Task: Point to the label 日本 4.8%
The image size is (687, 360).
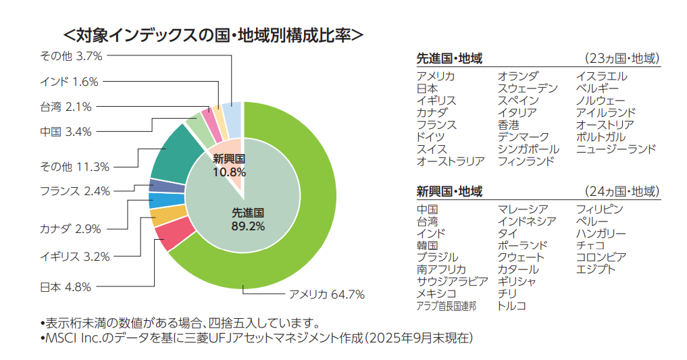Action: [66, 286]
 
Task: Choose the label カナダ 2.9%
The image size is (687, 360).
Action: [70, 228]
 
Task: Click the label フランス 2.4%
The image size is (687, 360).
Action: [74, 191]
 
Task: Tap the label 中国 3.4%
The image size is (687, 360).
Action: [66, 131]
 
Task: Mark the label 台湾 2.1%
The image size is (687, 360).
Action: [66, 106]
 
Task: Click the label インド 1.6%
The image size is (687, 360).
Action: [69, 82]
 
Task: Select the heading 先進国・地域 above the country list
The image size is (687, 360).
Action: [449, 59]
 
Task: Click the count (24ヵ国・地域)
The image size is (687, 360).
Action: [621, 192]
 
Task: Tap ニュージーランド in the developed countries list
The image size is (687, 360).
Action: [615, 149]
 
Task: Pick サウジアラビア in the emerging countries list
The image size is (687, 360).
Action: [452, 281]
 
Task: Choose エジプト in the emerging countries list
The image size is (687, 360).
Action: [596, 269]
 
